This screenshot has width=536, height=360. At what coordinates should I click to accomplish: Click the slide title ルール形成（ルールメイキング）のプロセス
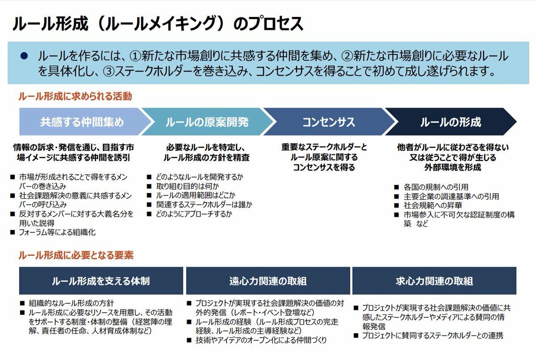[x=158, y=24]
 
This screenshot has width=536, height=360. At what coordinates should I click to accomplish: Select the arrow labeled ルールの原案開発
[x=207, y=122]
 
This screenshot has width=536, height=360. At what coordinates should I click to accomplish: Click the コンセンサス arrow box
[x=329, y=122]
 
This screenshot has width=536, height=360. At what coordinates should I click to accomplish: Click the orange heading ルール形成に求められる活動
[x=75, y=96]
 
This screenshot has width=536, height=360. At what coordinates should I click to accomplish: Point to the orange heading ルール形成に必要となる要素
[x=76, y=255]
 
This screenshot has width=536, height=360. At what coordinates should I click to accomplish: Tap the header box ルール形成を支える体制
[x=101, y=281]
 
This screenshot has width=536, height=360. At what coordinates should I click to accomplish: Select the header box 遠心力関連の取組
[x=268, y=281]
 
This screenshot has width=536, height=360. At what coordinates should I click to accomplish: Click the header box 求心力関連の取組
[x=434, y=281]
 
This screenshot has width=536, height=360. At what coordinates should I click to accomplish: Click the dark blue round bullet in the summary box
[x=24, y=56]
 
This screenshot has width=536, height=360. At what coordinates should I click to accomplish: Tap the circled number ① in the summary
[x=134, y=56]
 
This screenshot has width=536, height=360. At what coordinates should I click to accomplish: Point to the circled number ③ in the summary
[x=108, y=71]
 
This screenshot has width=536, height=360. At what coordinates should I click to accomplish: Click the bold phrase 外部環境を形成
[x=453, y=167]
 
